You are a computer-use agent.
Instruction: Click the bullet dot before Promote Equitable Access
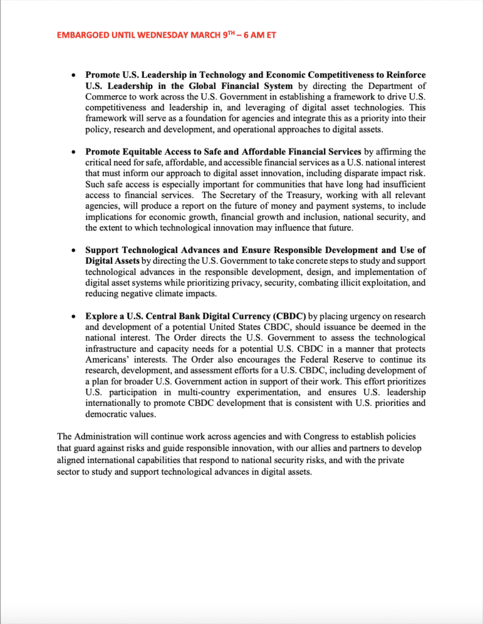point(74,152)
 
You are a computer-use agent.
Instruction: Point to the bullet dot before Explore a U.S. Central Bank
point(74,317)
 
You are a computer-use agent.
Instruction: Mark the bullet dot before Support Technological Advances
point(74,250)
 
